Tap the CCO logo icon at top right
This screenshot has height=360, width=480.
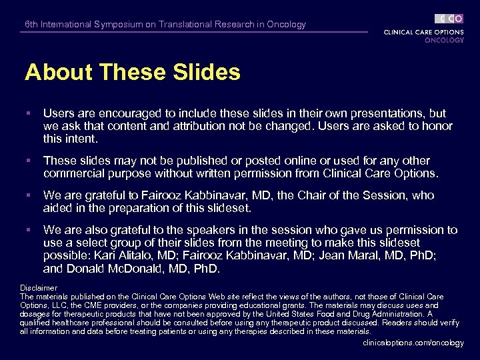point(449,19)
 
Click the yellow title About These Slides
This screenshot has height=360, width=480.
point(132,72)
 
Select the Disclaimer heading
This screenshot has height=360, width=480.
point(39,288)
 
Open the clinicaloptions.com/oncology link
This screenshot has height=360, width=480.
point(413,343)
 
